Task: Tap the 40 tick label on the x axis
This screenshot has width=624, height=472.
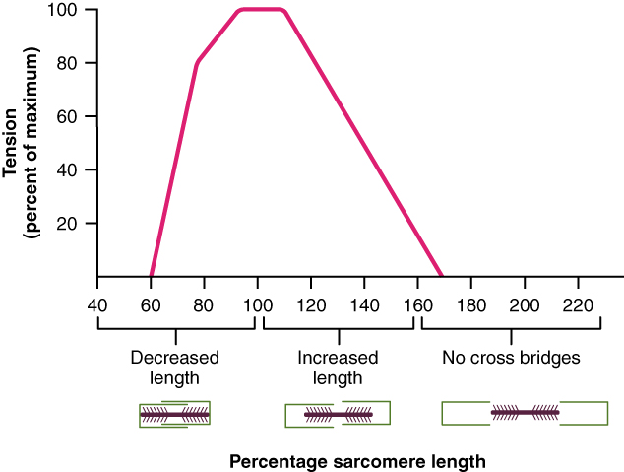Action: pos(97,304)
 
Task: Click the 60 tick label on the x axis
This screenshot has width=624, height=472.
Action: pos(151,304)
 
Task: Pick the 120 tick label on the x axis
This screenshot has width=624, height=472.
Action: pos(310,304)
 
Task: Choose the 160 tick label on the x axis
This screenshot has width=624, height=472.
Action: pos(417,304)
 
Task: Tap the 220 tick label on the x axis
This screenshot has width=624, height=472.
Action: pos(578,304)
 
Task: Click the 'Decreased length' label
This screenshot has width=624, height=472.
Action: pos(175,368)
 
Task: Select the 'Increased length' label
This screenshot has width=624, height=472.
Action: pos(337,368)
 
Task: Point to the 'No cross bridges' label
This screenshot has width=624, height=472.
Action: pos(511,358)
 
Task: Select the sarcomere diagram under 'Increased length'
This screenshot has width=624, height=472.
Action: pos(337,415)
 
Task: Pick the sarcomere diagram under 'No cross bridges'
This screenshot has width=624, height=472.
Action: pos(525,412)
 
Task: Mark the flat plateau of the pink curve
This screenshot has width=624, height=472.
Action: pos(261,10)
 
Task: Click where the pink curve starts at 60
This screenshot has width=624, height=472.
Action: pos(151,276)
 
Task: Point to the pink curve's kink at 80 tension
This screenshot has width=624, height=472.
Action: pos(197,63)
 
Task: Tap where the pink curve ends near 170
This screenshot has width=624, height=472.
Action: pos(442,276)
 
